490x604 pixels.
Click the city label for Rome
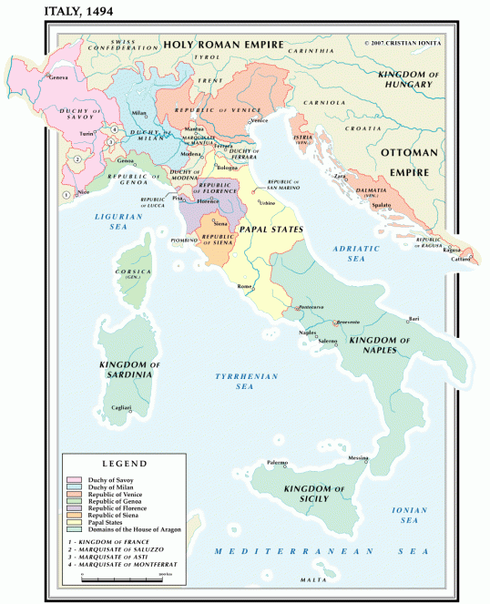[x=243, y=287]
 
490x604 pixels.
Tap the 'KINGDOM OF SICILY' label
[x=314, y=495]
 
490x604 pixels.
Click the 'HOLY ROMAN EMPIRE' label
[x=223, y=44]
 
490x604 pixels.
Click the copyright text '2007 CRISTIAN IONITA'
[x=407, y=43]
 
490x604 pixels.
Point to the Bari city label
[x=414, y=319]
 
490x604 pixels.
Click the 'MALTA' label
[x=313, y=579]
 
